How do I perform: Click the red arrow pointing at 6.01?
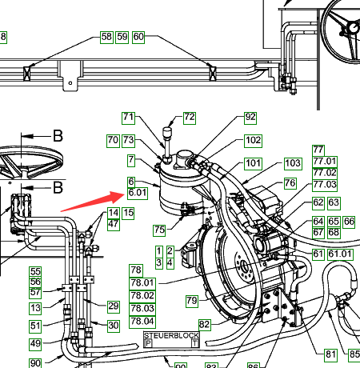click(93, 202)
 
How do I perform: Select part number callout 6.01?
click(138, 193)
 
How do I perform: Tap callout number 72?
click(190, 118)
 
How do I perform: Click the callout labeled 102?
click(253, 141)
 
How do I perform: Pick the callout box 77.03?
click(325, 185)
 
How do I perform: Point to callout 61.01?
click(340, 254)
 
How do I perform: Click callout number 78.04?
click(142, 322)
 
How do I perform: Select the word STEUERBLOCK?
click(171, 335)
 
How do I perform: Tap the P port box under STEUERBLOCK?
click(148, 343)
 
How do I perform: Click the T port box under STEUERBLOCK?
click(195, 343)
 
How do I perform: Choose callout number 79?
click(192, 301)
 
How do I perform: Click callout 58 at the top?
click(106, 37)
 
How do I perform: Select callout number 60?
click(138, 37)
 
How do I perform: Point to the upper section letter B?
click(58, 136)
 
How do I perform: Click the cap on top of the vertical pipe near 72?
click(167, 132)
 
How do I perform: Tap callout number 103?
click(293, 163)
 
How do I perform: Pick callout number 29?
click(114, 306)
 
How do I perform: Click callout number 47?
click(114, 224)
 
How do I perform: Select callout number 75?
click(159, 230)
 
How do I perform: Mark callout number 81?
click(330, 354)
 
